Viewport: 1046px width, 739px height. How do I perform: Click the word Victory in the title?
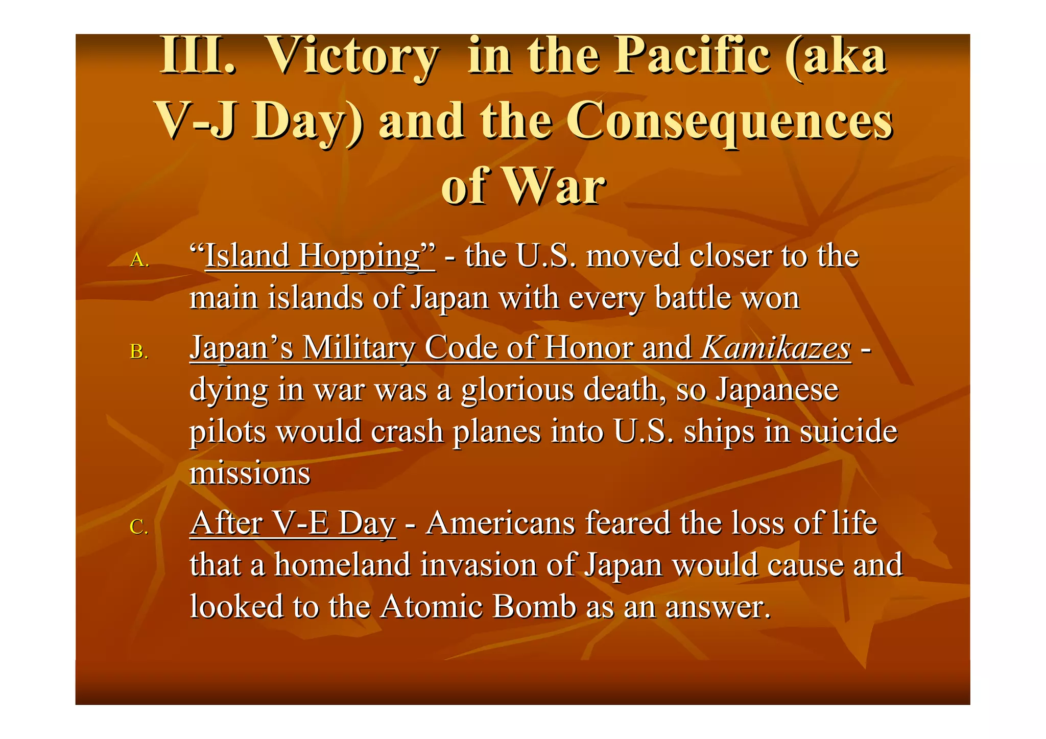click(352, 56)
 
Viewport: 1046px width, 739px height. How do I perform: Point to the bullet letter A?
click(138, 260)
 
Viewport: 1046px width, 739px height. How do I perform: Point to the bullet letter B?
click(138, 352)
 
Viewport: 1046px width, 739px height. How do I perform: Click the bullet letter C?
click(138, 527)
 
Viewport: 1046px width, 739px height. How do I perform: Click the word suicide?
click(848, 432)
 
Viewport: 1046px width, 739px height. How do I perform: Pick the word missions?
click(250, 473)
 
